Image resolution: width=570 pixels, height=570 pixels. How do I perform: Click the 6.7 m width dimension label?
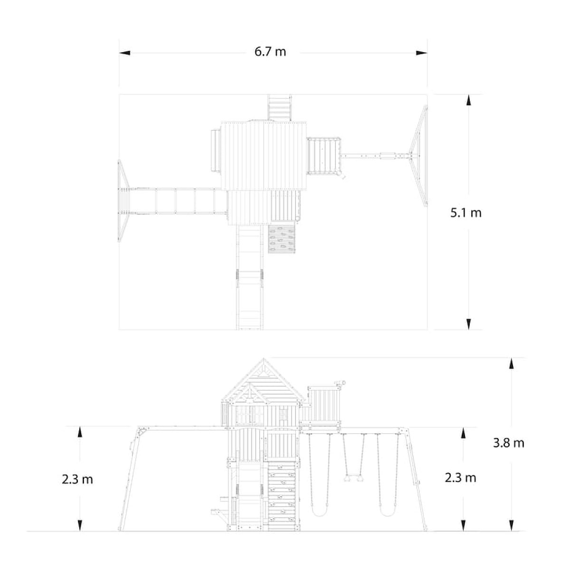tap(270, 52)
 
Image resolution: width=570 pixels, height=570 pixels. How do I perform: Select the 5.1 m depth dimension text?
tap(466, 213)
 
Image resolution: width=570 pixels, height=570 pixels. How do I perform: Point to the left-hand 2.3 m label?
tap(77, 479)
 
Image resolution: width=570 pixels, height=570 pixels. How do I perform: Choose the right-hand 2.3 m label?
tap(461, 478)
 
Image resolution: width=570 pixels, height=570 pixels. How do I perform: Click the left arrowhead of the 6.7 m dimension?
tap(124, 53)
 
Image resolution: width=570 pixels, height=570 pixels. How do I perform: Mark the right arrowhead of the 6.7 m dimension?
tap(422, 53)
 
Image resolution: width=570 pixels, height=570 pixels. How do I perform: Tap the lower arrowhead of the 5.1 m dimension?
tap(468, 324)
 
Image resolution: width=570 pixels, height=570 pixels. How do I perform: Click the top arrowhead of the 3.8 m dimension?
tap(512, 363)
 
